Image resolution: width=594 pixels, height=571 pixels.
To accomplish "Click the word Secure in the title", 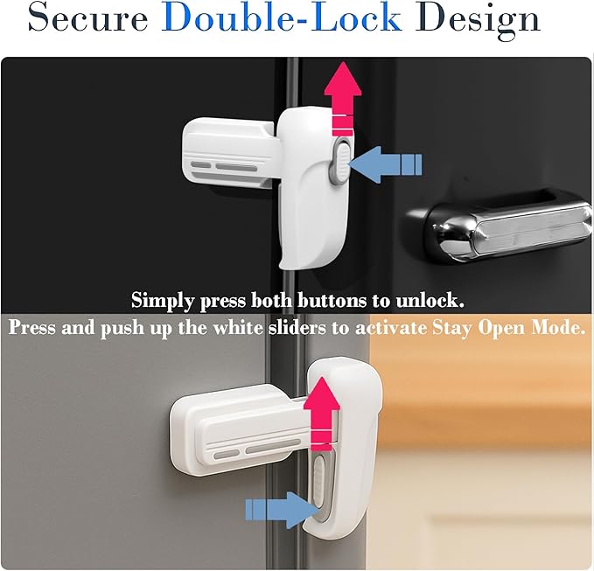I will [x=88, y=19].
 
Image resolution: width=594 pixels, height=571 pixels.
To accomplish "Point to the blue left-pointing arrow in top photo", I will [x=388, y=164].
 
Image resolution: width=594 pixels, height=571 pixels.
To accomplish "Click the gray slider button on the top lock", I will [x=340, y=157].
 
